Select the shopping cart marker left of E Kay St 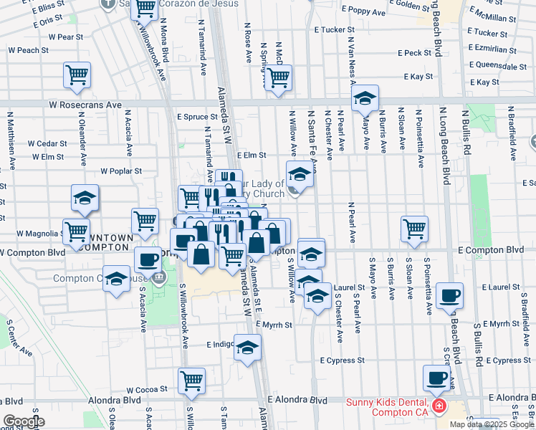coord(278,77)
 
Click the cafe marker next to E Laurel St coord(449,295)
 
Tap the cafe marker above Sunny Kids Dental coord(436,377)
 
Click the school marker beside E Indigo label coord(247,348)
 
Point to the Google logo coord(24,421)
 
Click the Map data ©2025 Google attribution coord(491,424)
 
